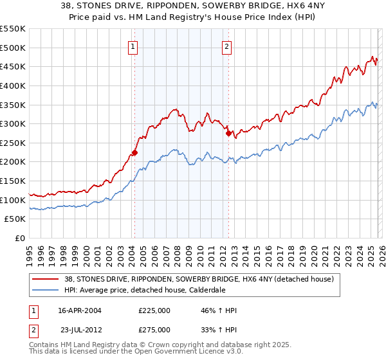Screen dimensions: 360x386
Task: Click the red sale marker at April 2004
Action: click(134, 152)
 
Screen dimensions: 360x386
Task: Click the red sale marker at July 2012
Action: click(228, 134)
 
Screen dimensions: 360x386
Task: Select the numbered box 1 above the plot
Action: click(133, 46)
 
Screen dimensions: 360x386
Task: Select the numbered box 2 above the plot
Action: click(228, 46)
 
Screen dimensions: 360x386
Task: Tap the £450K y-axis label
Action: click(13, 66)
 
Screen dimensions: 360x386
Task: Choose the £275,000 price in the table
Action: click(154, 329)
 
